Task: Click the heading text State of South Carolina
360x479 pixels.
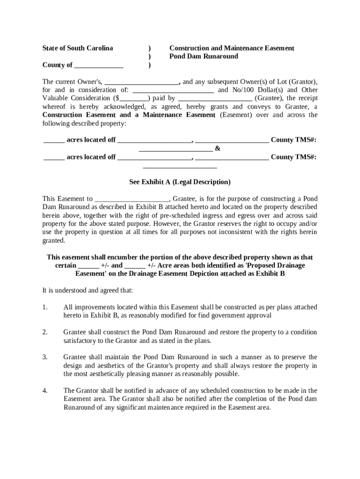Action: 78,48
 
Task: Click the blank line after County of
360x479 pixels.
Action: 99,65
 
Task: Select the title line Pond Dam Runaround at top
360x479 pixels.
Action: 203,57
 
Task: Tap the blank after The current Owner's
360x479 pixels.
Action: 142,82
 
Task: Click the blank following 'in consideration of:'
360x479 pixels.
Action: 173,90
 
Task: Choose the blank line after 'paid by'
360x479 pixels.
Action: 216,99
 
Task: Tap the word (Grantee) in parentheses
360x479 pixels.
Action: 268,99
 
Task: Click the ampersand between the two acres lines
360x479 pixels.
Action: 217,149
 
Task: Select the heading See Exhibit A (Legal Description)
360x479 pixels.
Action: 180,182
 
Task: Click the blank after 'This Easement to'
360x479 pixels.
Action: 131,199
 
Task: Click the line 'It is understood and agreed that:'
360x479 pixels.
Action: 87,290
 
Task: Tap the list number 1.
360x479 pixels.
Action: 45,307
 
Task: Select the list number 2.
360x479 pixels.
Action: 45,332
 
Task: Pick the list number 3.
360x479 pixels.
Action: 45,357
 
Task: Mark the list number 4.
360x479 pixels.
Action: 45,391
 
